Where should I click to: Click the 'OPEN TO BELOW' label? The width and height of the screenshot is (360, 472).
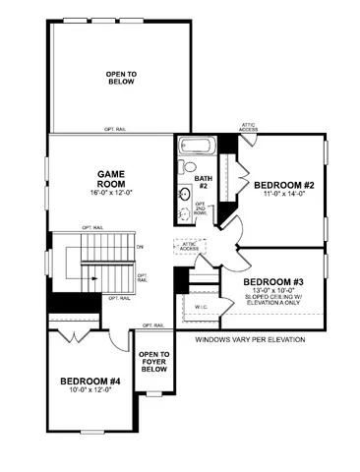121,79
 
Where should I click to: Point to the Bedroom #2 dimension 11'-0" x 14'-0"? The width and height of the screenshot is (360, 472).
283,195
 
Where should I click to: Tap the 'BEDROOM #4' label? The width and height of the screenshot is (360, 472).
90,381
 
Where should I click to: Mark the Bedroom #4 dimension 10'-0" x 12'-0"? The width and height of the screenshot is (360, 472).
90,391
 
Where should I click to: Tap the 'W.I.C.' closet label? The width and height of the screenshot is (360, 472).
201,306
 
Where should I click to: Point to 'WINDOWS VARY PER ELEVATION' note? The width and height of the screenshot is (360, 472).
250,340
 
